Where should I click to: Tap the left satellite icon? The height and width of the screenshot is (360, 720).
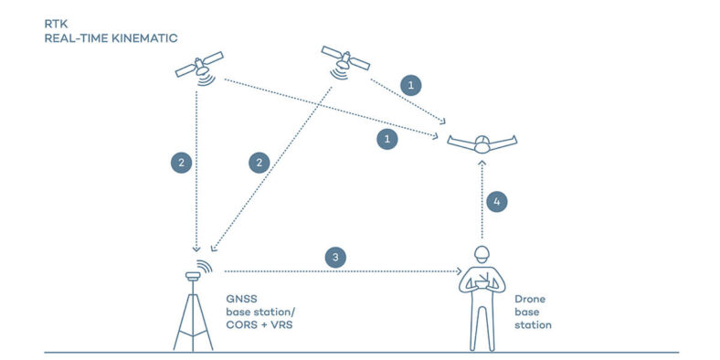tap(199, 66)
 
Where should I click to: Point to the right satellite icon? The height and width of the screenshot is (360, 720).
tap(344, 59)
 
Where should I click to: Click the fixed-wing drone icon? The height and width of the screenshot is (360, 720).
tap(482, 142)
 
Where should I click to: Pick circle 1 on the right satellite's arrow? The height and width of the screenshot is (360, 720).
tap(412, 85)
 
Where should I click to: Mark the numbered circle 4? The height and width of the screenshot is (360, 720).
tap(496, 200)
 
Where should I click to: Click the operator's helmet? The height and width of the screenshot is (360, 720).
tap(482, 253)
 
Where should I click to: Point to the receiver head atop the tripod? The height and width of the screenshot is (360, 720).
tap(194, 273)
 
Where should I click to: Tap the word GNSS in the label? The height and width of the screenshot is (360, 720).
tap(239, 299)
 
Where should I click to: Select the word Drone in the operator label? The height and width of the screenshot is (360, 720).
tap(530, 299)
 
